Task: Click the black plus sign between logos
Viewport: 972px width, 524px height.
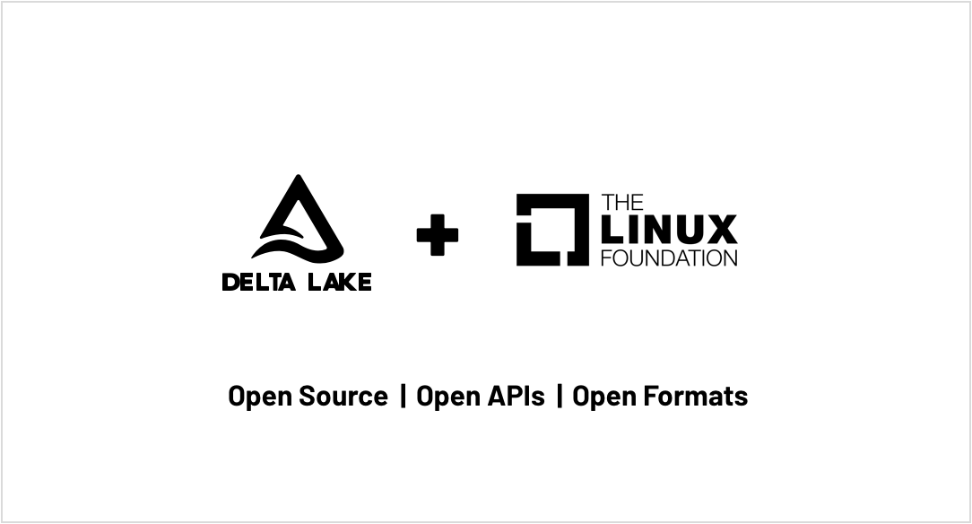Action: (x=438, y=235)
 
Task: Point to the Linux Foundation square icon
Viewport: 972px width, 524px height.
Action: (x=552, y=230)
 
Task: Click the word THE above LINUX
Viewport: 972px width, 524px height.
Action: (x=622, y=203)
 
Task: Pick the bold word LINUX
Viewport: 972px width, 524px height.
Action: (x=670, y=230)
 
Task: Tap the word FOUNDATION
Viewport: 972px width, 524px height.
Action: (x=670, y=258)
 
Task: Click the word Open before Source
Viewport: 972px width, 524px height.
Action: (x=260, y=397)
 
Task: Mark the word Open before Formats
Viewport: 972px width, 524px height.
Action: (x=604, y=397)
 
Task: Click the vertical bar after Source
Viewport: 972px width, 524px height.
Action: (x=404, y=396)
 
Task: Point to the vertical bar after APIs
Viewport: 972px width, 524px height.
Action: (x=560, y=396)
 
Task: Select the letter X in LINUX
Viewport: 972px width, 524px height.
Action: (x=721, y=230)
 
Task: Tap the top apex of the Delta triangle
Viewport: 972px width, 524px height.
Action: (x=299, y=175)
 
